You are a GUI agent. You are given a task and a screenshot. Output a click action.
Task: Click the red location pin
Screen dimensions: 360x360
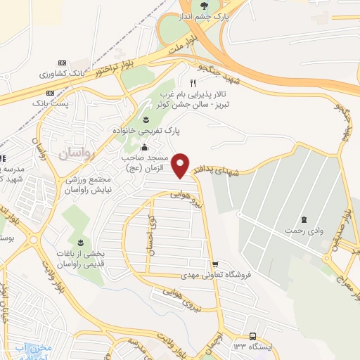[181, 165]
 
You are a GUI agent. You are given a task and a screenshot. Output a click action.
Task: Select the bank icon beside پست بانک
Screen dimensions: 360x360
[49, 93]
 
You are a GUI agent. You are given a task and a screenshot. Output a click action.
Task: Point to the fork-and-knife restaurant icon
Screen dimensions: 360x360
[184, 83]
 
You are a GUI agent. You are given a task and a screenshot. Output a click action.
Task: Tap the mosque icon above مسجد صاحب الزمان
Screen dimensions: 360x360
[144, 147]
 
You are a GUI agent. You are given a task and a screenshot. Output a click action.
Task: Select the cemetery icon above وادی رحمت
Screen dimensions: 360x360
[304, 219]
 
